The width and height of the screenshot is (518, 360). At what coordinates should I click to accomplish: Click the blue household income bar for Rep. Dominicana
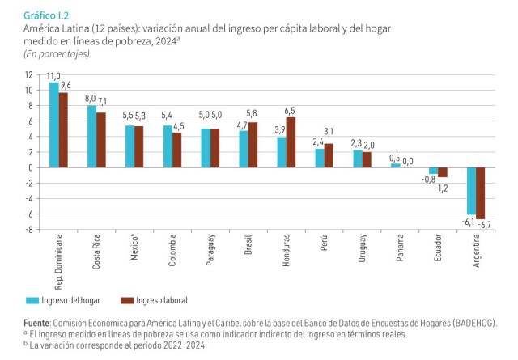(53, 125)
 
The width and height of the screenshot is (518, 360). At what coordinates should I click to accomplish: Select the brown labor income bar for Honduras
(291, 142)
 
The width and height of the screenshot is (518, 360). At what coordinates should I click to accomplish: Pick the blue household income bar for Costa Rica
(91, 137)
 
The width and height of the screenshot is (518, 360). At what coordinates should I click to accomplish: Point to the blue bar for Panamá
(396, 166)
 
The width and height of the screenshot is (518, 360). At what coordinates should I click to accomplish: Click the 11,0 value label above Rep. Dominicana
(53, 76)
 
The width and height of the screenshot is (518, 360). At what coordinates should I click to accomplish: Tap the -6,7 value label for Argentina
(485, 224)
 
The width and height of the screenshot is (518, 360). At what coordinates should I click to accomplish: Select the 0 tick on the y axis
(31, 167)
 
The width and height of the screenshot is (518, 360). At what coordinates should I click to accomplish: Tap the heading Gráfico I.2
(46, 15)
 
